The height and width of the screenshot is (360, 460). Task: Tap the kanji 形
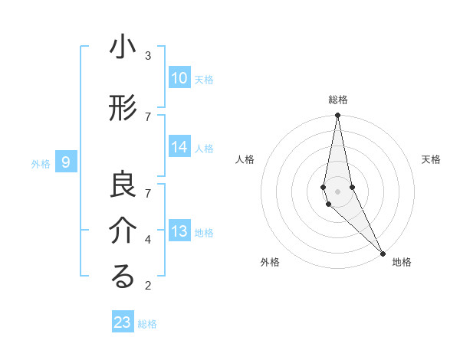[123, 109]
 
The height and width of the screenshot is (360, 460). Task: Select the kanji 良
[123, 185]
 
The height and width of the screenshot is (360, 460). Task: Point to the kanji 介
[123, 231]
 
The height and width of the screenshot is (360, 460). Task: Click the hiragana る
[123, 277]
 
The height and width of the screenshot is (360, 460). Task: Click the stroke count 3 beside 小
[148, 55]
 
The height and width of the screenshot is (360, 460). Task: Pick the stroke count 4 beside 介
[148, 239]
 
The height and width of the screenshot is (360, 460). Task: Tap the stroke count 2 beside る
[148, 286]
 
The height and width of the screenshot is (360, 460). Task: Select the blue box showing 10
[179, 78]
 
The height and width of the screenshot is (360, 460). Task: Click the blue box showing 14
[179, 148]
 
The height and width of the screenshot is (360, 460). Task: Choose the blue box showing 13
[179, 231]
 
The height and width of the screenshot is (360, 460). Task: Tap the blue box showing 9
[66, 162]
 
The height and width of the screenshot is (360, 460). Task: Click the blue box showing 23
[123, 322]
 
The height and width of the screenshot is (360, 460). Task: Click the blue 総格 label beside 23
[147, 324]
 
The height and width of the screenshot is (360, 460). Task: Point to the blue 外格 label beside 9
[41, 163]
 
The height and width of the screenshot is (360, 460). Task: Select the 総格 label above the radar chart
[338, 100]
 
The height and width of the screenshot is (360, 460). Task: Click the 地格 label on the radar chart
[402, 262]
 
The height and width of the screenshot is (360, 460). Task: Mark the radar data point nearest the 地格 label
[383, 252]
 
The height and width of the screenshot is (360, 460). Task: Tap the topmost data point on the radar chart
[338, 116]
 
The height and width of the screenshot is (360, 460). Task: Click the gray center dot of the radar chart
[338, 191]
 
